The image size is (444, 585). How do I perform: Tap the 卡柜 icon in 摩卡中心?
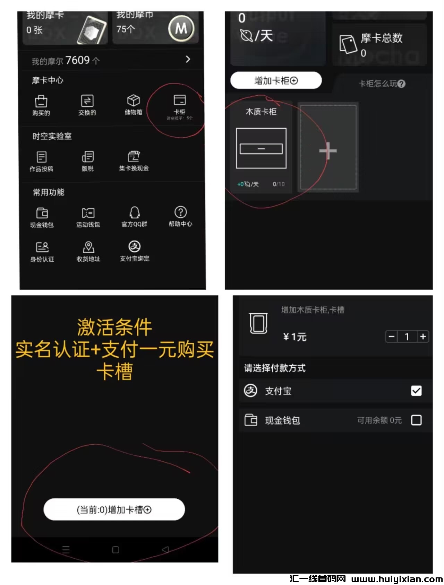pos(180,101)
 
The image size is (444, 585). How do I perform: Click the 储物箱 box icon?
pos(134,101)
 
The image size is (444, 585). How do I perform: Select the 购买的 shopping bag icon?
pos(41,101)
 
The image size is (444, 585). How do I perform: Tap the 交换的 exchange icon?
pos(87,101)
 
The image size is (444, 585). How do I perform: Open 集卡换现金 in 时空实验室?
pos(134,156)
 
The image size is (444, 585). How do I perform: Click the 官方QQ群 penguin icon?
pos(135,212)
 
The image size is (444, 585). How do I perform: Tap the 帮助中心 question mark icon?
pos(180,212)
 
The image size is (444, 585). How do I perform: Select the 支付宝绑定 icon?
pos(135,246)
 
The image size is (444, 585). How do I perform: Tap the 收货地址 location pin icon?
pos(88,247)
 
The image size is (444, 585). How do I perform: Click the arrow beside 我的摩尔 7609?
pos(188,59)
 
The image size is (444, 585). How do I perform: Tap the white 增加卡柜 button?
pos(276,80)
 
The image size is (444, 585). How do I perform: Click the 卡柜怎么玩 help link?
pos(382,84)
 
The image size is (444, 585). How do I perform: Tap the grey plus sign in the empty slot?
pos(328,151)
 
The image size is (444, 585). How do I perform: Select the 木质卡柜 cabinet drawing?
pos(261,148)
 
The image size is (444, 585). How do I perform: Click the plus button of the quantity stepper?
pos(423,337)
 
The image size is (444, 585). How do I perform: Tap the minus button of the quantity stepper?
pos(392,337)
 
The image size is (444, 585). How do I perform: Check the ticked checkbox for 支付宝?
pos(416,391)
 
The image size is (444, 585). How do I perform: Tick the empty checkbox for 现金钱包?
pos(416,420)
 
